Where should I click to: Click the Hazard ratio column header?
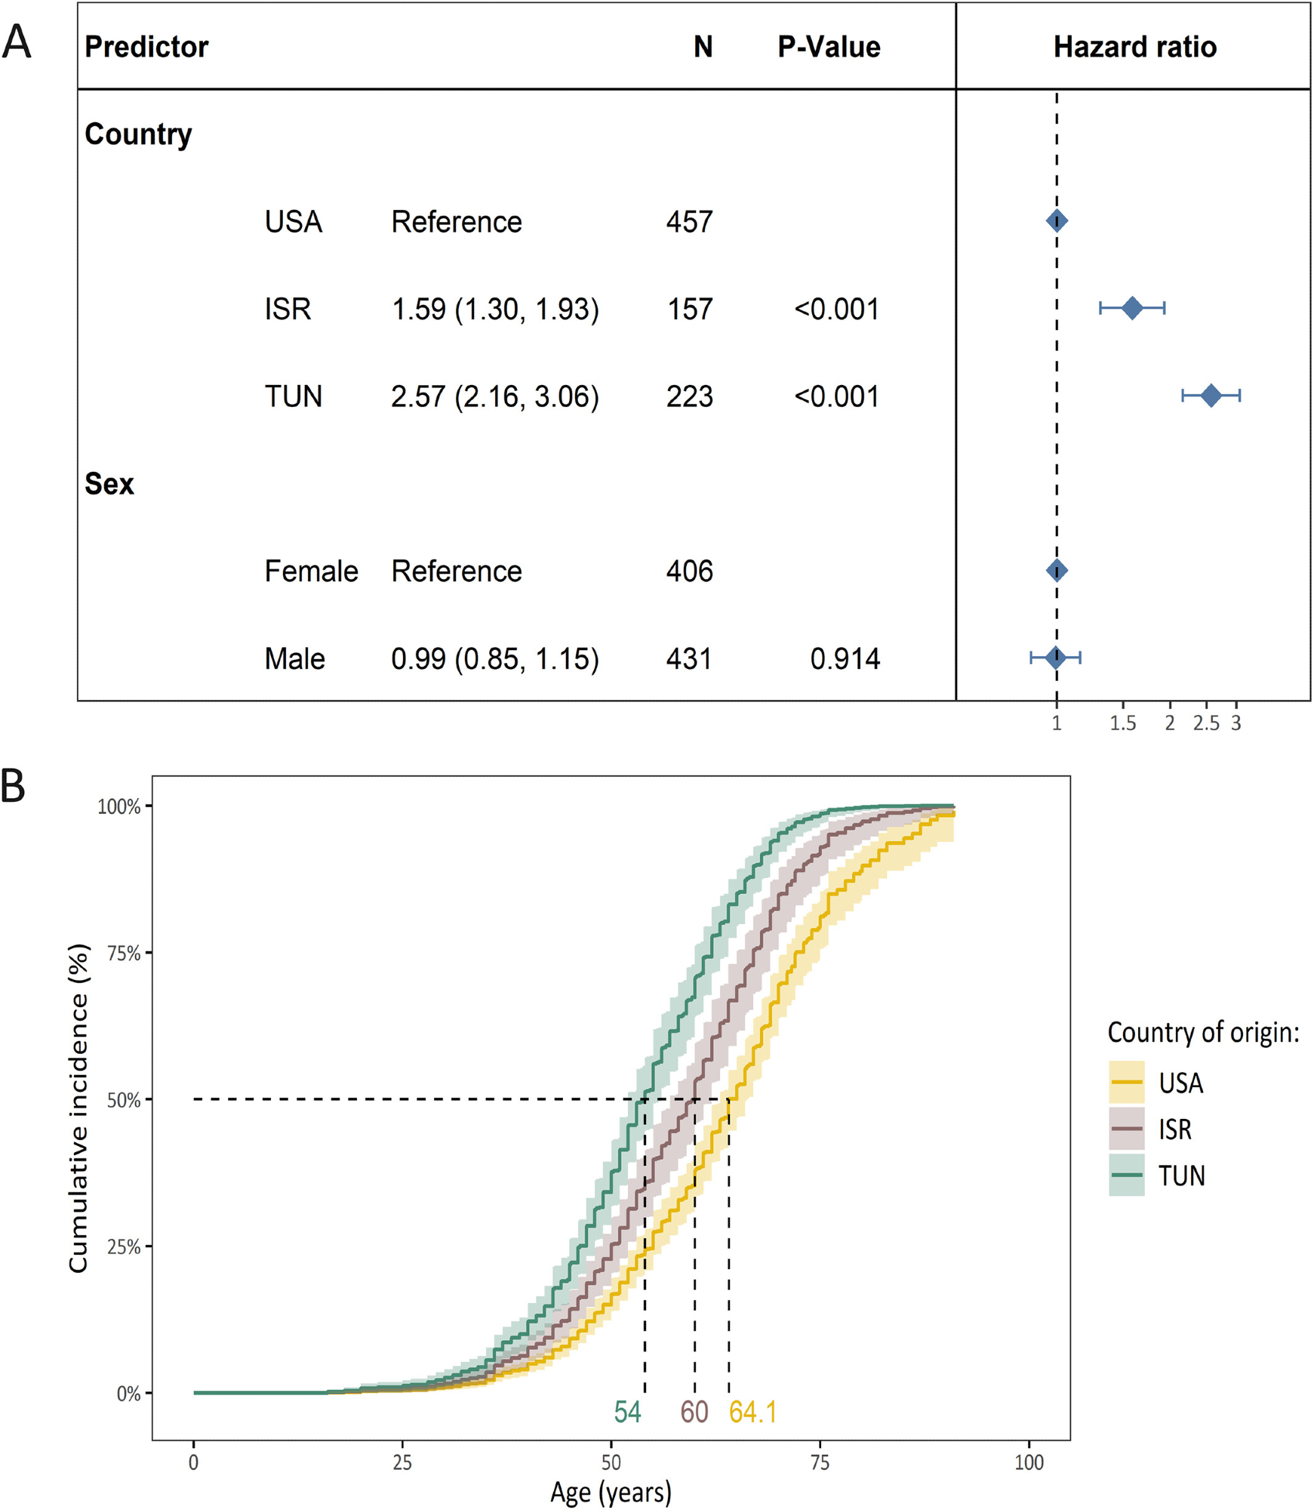1134,47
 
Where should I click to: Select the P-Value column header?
829,47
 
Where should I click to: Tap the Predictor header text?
146,47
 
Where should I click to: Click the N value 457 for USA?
689,222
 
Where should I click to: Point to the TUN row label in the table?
293,396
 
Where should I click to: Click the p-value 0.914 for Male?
845,659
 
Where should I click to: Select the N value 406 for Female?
689,572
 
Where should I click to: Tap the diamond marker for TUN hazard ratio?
1211,396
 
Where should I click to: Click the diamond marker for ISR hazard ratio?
1131,308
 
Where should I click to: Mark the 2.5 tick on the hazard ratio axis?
1206,723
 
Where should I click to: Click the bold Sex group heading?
109,484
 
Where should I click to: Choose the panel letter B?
14,785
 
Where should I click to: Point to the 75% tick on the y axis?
125,954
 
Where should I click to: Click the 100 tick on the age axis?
1029,1462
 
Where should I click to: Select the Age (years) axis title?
611,1493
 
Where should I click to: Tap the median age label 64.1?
752,1412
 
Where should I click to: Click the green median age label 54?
627,1412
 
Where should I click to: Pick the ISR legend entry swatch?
1126,1129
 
